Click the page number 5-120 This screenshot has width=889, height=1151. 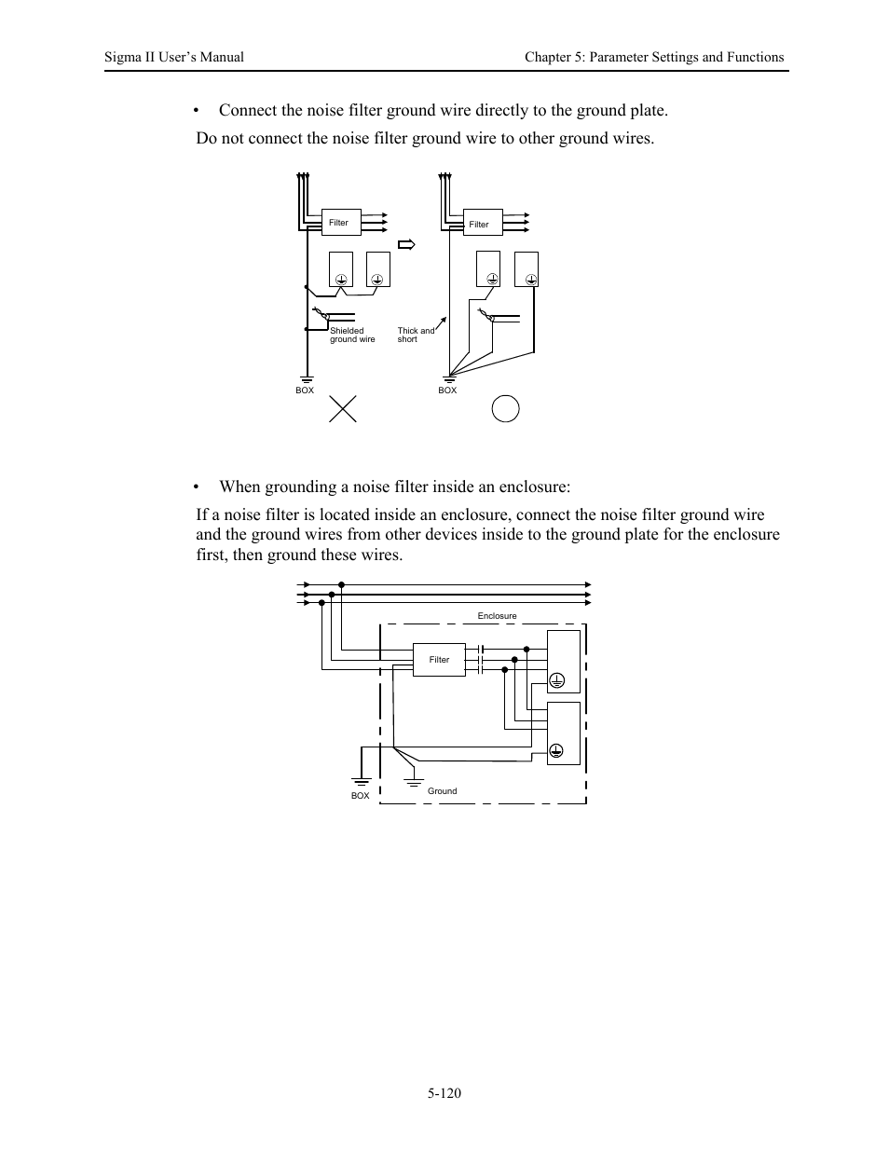click(x=444, y=1093)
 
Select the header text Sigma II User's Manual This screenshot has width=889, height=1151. click(x=174, y=57)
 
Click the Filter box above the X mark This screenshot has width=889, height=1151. click(x=339, y=223)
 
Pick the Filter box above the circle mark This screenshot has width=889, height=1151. click(x=480, y=225)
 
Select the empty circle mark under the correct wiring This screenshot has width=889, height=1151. click(x=505, y=408)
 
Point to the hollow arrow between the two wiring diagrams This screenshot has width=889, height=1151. click(x=406, y=245)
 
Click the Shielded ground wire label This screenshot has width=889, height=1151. click(x=352, y=336)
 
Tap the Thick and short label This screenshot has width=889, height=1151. click(x=416, y=336)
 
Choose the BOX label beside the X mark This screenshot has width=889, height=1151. click(x=305, y=391)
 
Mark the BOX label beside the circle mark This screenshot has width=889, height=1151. click(x=447, y=391)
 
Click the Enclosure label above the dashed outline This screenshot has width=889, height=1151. click(x=497, y=616)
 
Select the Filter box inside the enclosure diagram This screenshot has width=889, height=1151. click(x=440, y=660)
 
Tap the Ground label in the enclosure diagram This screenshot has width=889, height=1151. click(x=443, y=791)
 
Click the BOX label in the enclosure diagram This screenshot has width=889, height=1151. click(x=360, y=796)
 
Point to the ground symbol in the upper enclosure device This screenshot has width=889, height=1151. click(x=556, y=680)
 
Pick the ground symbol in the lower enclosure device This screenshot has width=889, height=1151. click(x=556, y=751)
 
